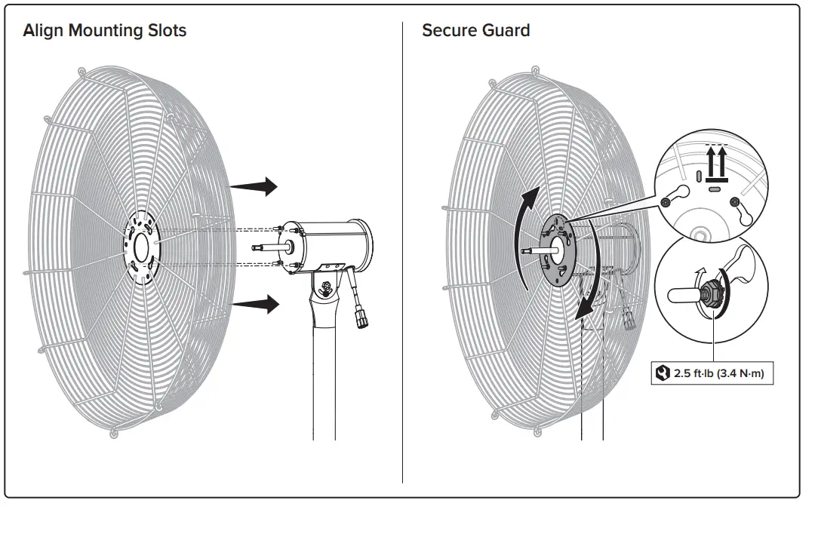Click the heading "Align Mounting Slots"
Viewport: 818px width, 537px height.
(x=105, y=31)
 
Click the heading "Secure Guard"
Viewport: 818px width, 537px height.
(x=475, y=31)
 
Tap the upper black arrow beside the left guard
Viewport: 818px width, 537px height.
(x=254, y=185)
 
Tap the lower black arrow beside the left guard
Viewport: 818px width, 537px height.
(x=256, y=303)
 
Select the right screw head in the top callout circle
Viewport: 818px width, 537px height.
(x=734, y=201)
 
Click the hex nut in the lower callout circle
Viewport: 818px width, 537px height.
(x=711, y=295)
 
